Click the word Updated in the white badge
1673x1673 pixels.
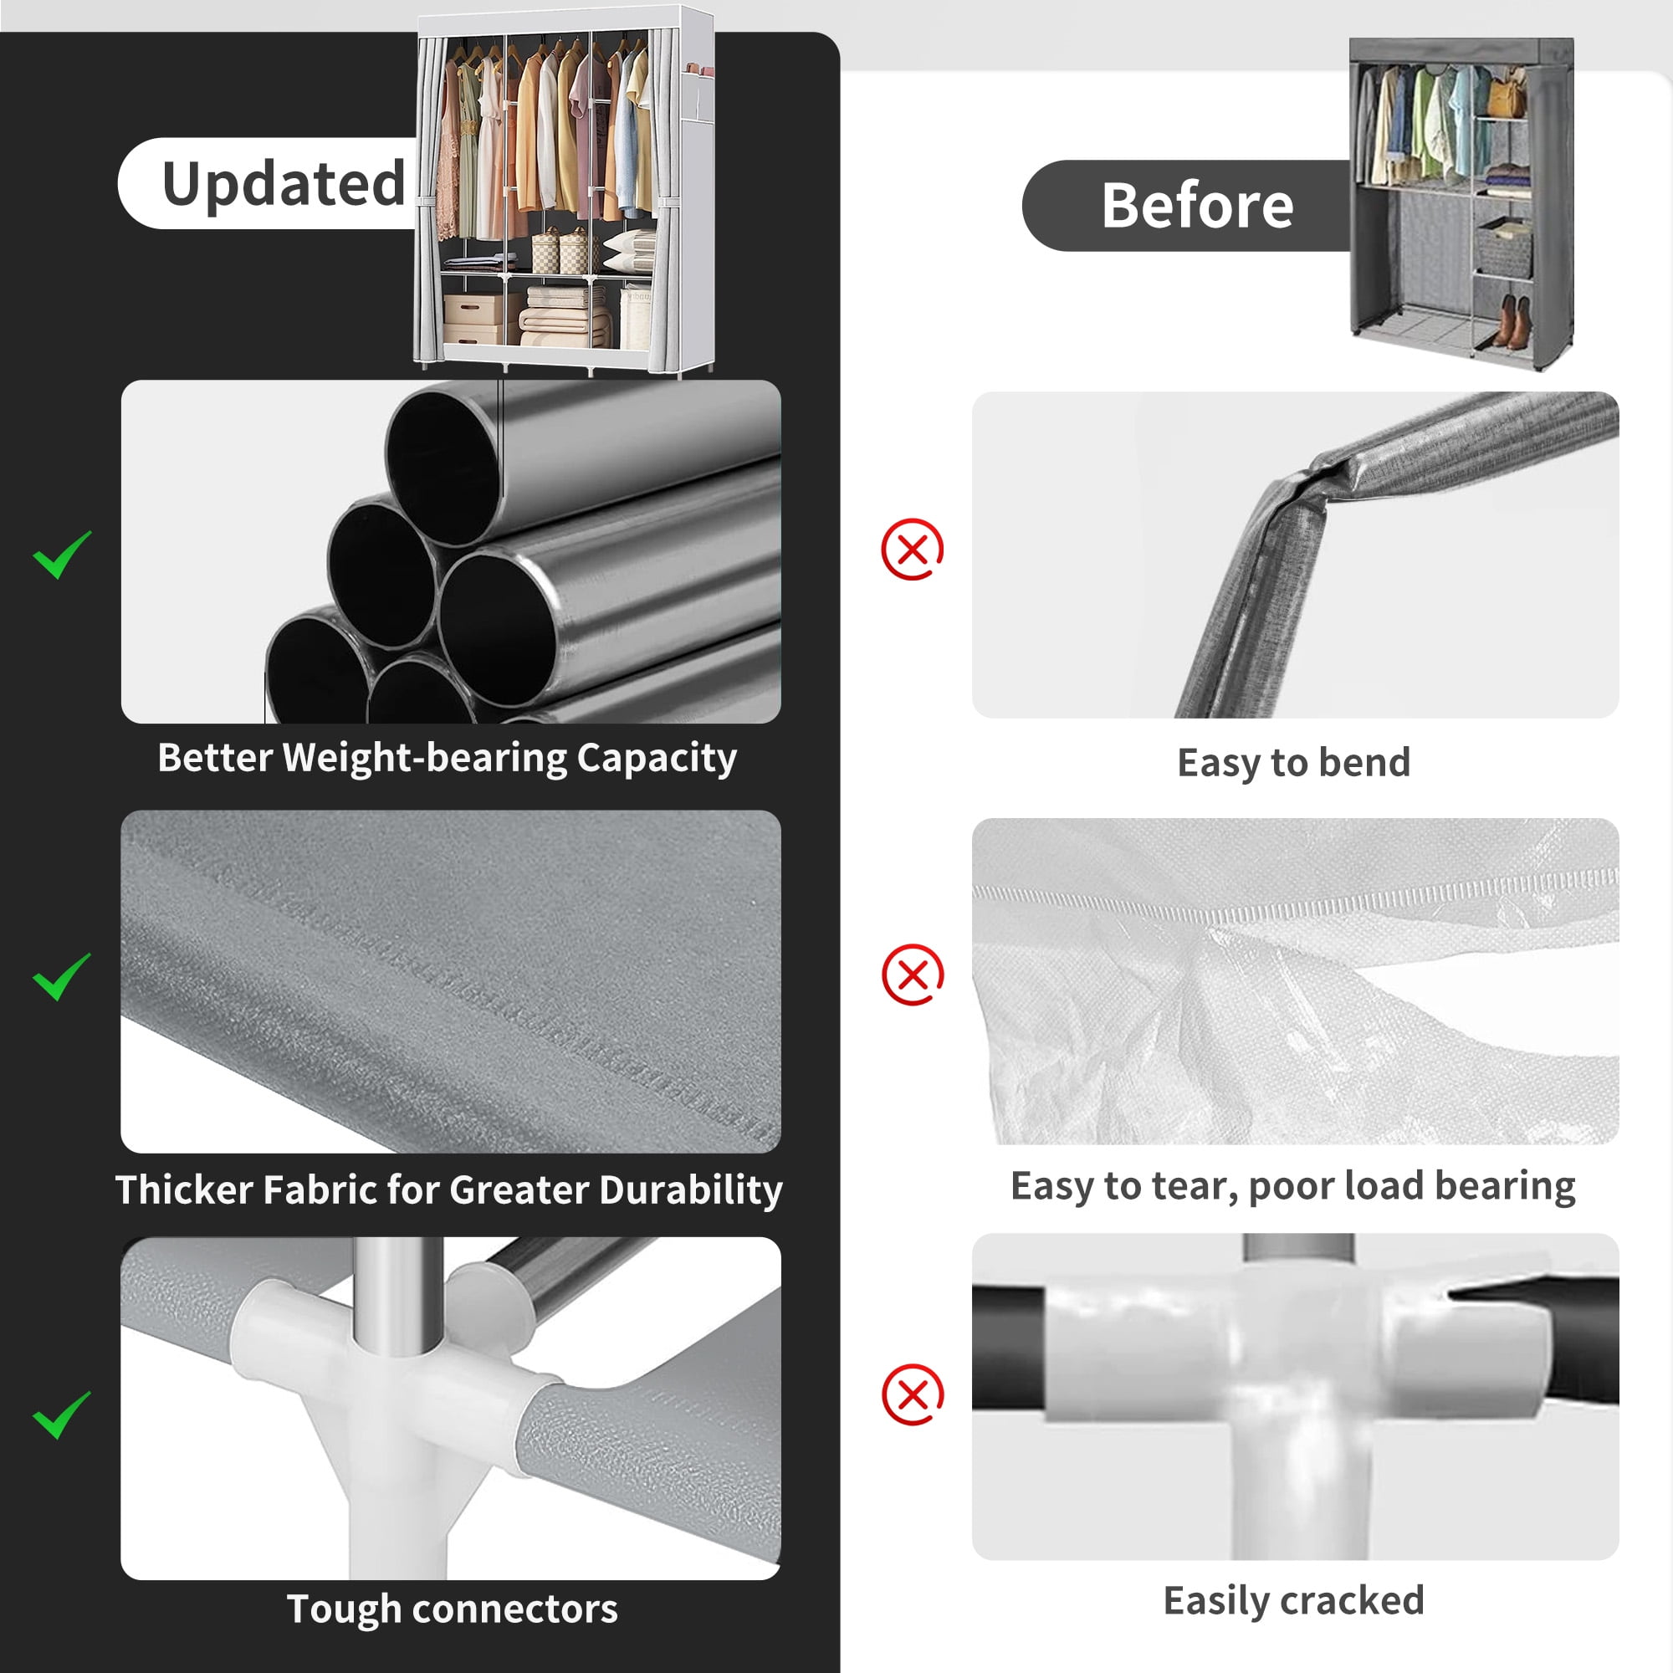284,184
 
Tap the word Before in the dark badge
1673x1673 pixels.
1198,206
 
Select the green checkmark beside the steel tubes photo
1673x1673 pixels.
61,555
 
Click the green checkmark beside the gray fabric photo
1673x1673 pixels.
61,977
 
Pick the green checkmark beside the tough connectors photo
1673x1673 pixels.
61,1415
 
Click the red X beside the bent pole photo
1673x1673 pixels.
912,549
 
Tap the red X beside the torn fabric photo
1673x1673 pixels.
913,975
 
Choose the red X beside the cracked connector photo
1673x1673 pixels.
913,1395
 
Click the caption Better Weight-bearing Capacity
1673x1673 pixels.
447,758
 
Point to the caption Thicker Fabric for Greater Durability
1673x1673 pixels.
448,1190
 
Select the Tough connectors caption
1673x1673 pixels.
452,1609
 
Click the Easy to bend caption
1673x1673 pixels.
1294,763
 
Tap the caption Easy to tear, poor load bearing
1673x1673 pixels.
1293,1186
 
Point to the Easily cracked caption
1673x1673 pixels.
1294,1600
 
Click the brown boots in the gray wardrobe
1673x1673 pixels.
1511,321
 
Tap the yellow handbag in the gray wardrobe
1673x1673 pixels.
1507,95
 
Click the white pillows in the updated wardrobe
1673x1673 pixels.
630,252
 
